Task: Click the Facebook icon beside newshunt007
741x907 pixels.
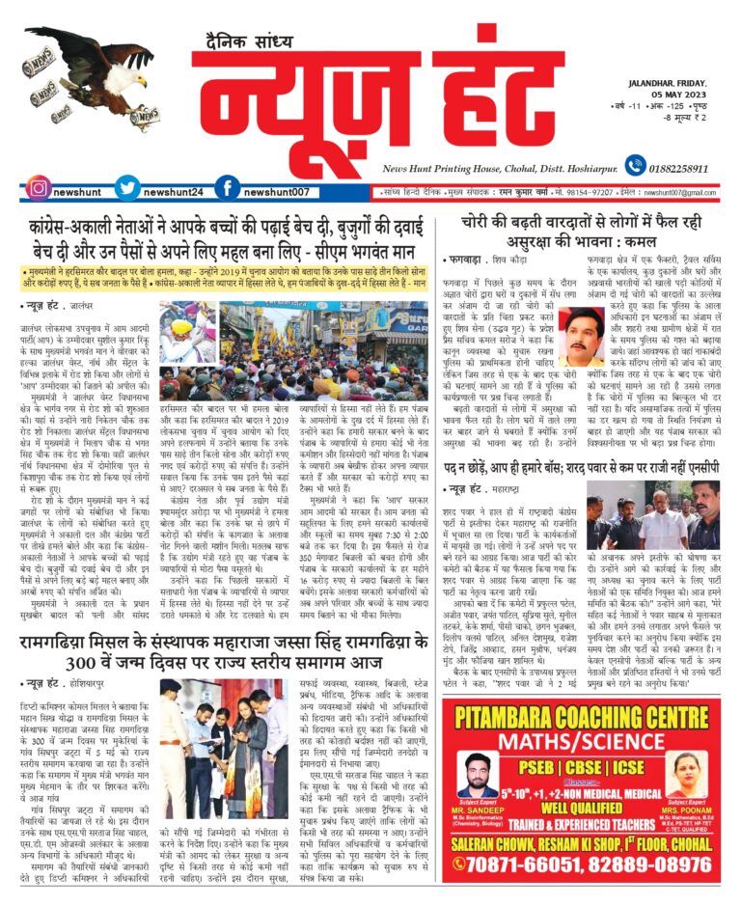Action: click(227, 188)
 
